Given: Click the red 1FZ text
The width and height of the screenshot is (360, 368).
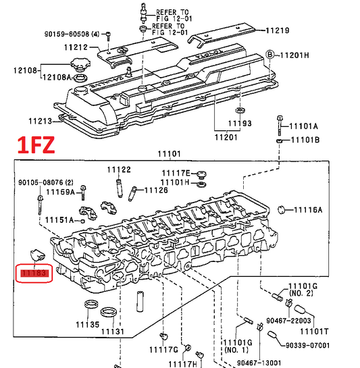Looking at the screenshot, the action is (36, 145).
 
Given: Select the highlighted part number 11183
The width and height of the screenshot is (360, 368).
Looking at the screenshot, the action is (34, 273).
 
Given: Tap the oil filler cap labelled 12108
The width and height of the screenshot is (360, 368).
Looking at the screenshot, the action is (80, 64).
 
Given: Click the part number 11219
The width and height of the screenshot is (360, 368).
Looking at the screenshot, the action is (278, 30).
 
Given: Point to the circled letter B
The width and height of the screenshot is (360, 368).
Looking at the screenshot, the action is (269, 55).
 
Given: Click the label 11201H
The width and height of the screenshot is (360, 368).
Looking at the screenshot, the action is (294, 55).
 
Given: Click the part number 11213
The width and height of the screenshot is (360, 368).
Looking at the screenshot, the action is (40, 122).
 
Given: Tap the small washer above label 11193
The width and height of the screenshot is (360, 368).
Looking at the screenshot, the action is (240, 110).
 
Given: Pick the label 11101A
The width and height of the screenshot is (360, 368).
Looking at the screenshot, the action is (303, 126).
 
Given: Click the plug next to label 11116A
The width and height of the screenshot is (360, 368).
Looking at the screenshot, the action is (281, 209).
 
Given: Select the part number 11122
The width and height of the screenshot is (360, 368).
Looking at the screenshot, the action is (119, 169).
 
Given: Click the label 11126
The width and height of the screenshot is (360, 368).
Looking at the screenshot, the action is (156, 190).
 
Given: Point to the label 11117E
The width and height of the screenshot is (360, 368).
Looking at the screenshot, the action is (176, 174).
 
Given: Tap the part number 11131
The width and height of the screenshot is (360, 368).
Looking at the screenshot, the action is (113, 332).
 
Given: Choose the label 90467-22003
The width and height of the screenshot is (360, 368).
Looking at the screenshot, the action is (288, 321).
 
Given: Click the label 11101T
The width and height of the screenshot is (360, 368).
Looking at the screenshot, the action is (314, 332).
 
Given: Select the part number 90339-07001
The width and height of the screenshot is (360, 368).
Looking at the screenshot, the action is (307, 346).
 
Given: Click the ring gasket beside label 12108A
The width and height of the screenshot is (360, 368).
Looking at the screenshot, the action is (80, 78).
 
